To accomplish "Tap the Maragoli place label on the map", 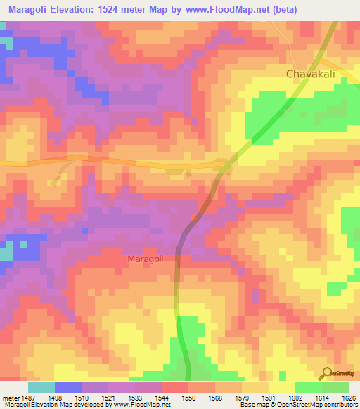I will [x=146, y=259].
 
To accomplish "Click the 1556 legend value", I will [x=188, y=397].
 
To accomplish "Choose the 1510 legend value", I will [x=82, y=397].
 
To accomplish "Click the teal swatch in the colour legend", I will [x=41, y=387].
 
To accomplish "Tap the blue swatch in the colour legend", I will [x=68, y=387].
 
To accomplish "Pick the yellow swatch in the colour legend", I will [x=281, y=387].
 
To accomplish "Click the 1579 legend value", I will [x=241, y=397].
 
